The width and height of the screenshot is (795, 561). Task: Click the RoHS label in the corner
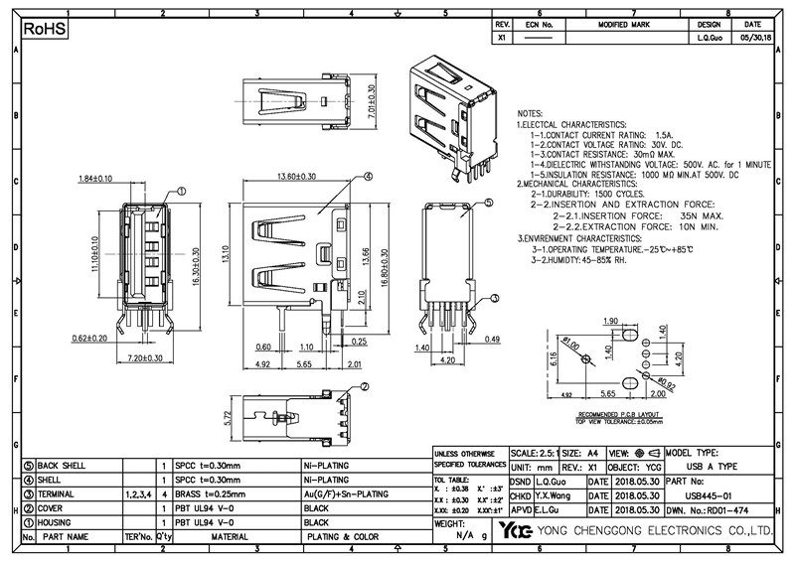pyautogui.click(x=44, y=30)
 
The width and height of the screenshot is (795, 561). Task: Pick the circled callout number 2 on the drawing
pyautogui.click(x=364, y=387)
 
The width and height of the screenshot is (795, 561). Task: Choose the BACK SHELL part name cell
pyautogui.click(x=63, y=465)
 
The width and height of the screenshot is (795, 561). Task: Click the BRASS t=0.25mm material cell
pyautogui.click(x=210, y=493)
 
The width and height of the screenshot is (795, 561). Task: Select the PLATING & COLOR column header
pyautogui.click(x=343, y=536)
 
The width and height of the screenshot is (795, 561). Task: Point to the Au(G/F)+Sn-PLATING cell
pyautogui.click(x=345, y=493)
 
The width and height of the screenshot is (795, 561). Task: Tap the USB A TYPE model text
pyautogui.click(x=713, y=465)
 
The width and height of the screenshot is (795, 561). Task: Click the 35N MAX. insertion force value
pyautogui.click(x=702, y=214)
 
